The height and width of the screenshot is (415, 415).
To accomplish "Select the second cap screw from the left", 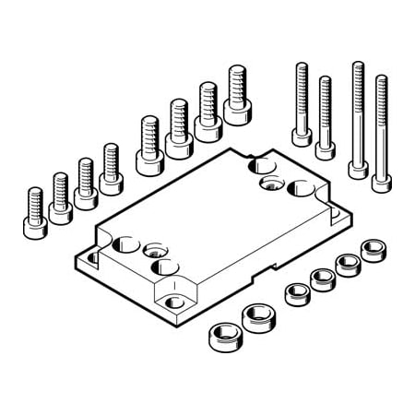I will click(x=60, y=198).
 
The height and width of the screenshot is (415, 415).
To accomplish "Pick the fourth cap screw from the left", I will click(x=112, y=171).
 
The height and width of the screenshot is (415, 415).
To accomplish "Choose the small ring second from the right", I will click(x=348, y=264).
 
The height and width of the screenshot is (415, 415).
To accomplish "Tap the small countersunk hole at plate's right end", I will click(x=271, y=185).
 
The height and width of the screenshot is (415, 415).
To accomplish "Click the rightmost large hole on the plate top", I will click(x=302, y=191).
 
